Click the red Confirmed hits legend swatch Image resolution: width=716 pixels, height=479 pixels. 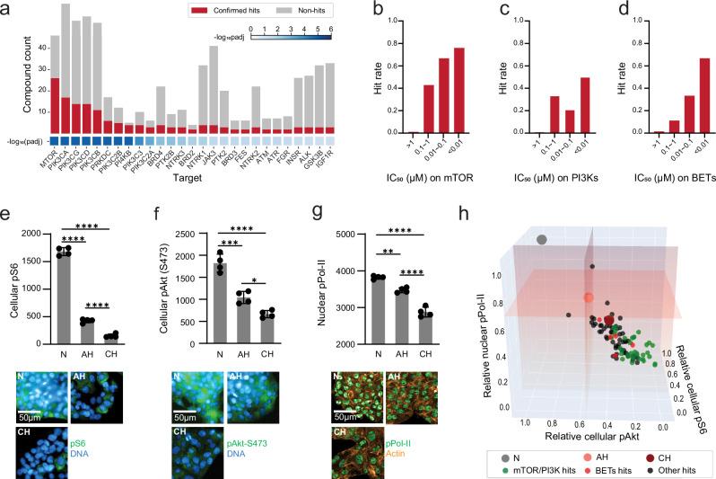tap(199, 13)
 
